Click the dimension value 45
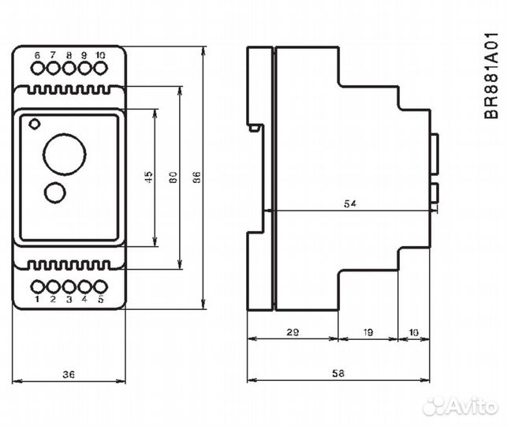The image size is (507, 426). (148, 178)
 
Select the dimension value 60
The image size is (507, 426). (173, 178)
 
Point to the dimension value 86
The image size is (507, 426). (198, 178)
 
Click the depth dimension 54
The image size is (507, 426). (350, 204)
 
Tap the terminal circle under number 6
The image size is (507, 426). (38, 69)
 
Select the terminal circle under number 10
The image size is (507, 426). (100, 69)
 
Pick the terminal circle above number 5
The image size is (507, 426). (100, 286)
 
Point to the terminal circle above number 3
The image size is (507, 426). (69, 286)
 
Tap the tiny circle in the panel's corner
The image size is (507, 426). (33, 123)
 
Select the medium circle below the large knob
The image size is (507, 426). (55, 192)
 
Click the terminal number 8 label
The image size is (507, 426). (69, 54)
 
